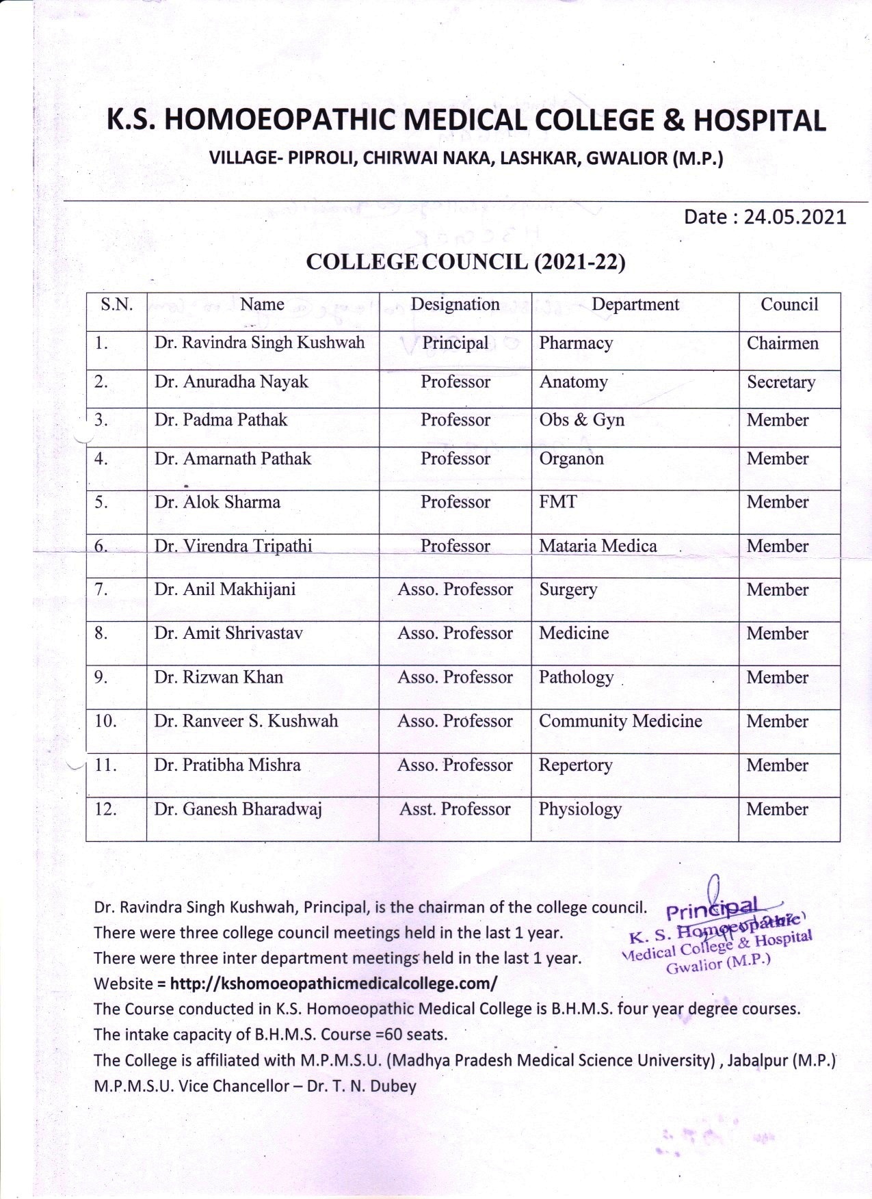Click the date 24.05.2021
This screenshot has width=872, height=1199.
pyautogui.click(x=795, y=218)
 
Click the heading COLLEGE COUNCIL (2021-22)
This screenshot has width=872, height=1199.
pyautogui.click(x=465, y=262)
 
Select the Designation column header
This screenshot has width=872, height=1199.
pyautogui.click(x=455, y=304)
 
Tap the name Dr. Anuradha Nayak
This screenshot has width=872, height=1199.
pyautogui.click(x=231, y=382)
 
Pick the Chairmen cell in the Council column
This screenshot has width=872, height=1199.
pyautogui.click(x=782, y=343)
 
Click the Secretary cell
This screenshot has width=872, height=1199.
pyautogui.click(x=781, y=382)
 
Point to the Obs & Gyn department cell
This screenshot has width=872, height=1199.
pyautogui.click(x=581, y=420)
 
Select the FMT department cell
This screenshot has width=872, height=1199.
pyautogui.click(x=557, y=502)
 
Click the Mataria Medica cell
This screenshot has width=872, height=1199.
pyautogui.click(x=598, y=546)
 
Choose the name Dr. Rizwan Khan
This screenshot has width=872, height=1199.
pyautogui.click(x=218, y=677)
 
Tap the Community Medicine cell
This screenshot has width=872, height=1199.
pyautogui.click(x=620, y=721)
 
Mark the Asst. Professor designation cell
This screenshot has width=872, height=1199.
pyautogui.click(x=455, y=809)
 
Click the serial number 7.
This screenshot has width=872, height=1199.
pyautogui.click(x=101, y=590)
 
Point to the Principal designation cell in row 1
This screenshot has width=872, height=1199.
pyautogui.click(x=455, y=343)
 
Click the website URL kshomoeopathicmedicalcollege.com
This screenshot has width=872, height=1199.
pyautogui.click(x=333, y=984)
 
